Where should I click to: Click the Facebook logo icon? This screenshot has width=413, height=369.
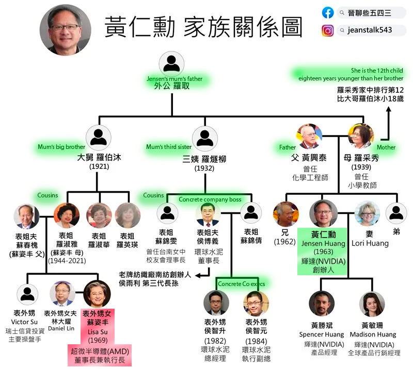[328, 12]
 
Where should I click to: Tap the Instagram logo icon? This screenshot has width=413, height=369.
[327, 30]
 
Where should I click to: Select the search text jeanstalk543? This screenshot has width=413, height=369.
[370, 30]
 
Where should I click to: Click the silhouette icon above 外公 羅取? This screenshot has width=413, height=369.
[171, 63]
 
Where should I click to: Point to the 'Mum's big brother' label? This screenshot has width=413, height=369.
[61, 147]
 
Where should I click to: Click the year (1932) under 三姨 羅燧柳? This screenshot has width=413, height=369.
[204, 168]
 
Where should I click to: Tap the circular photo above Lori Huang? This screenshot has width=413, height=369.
[367, 214]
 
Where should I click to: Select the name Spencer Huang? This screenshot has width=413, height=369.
[322, 334]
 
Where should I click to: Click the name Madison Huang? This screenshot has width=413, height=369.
[373, 334]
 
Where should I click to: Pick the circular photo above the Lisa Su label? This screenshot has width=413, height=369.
[97, 294]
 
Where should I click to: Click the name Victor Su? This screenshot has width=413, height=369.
[24, 322]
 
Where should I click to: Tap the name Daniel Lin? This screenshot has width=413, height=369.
[61, 328]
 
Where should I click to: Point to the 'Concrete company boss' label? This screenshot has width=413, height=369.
[210, 199]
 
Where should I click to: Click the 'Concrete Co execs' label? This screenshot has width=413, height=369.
[241, 284]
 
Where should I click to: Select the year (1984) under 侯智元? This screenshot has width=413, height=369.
[256, 341]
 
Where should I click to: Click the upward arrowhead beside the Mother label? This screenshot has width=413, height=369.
[389, 110]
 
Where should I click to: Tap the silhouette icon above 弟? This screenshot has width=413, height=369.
[396, 213]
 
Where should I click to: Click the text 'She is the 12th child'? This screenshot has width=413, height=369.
[377, 71]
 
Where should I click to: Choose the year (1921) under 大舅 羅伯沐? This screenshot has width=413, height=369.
[99, 166]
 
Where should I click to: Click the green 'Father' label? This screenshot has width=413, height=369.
[288, 147]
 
